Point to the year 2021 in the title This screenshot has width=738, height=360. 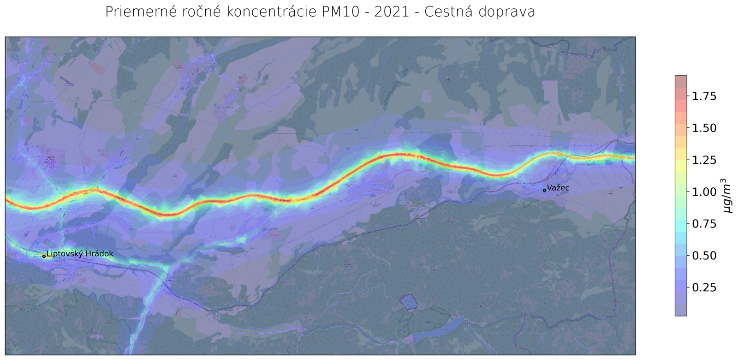point(392,12)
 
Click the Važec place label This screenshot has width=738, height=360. point(558,188)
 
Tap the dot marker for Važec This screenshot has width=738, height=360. point(544,190)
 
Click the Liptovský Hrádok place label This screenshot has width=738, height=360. point(80,254)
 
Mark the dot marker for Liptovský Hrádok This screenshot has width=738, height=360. point(44,256)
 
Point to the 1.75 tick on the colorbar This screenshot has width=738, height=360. point(703,96)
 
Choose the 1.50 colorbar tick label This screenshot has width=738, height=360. point(703,128)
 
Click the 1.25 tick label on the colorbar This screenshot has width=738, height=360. point(703,160)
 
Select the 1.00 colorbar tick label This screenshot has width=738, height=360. point(703,192)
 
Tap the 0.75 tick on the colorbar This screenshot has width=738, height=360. point(703,224)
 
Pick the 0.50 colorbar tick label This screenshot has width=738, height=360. point(703,256)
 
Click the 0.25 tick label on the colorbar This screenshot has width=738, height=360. point(703,288)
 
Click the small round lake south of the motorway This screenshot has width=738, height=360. point(409,302)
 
